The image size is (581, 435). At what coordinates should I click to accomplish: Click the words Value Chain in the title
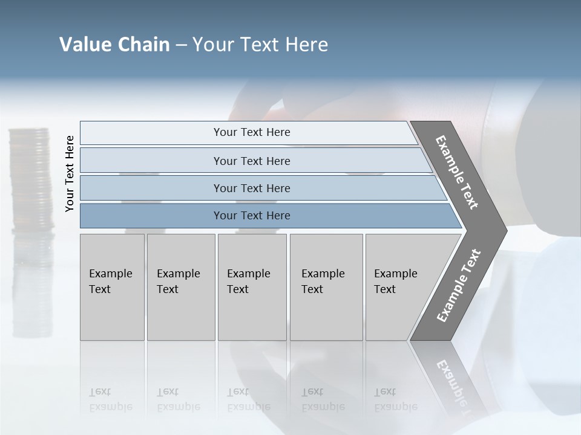pos(114,45)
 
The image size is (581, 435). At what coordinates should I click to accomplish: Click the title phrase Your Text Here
pos(260,45)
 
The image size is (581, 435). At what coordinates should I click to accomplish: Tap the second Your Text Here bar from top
pos(251,161)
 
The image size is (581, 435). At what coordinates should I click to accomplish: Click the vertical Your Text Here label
pos(70,174)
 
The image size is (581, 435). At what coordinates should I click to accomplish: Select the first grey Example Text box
pos(112,287)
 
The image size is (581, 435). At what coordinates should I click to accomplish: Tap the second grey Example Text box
pos(181,287)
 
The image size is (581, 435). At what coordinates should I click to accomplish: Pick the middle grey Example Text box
pos(252,287)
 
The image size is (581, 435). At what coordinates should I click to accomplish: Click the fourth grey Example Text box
pos(326,287)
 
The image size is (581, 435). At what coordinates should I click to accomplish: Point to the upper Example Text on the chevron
pos(457,172)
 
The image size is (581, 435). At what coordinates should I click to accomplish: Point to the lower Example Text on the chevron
pos(458,286)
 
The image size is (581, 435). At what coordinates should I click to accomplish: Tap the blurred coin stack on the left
pos(31,181)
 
